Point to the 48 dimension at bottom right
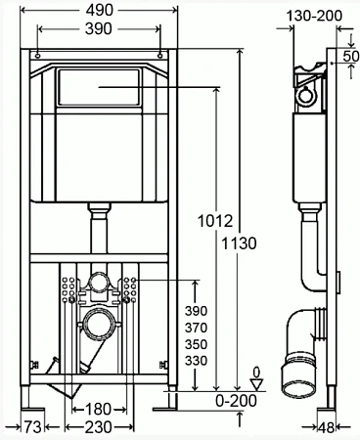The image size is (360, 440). (339, 426)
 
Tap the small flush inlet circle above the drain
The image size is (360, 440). (98, 283)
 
